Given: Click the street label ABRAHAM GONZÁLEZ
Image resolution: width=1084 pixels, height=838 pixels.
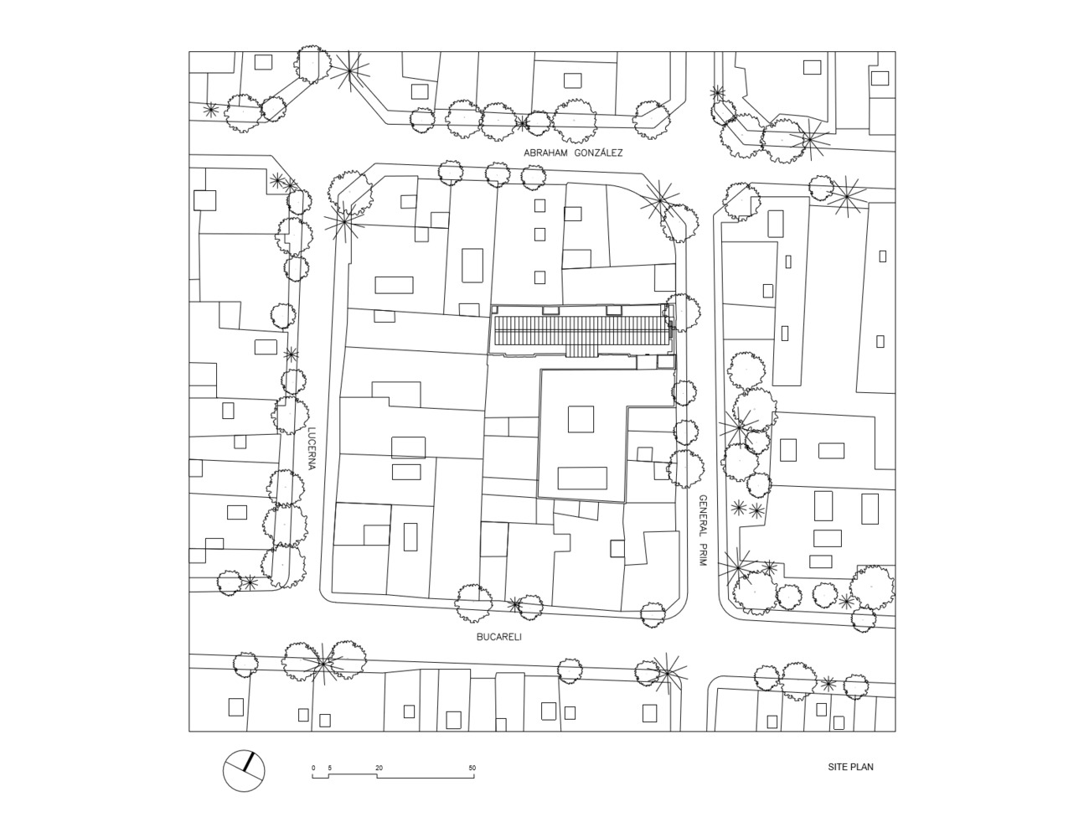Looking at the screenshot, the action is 573,153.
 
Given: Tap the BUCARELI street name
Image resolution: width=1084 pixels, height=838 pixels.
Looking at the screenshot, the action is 499,637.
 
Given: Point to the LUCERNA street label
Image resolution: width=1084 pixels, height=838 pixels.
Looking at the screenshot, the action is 312,449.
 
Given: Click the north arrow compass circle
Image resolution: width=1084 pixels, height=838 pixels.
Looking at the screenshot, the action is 244,771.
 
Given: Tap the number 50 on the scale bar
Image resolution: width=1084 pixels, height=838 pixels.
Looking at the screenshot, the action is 472,768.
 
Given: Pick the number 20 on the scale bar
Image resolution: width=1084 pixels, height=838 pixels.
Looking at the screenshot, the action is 379,768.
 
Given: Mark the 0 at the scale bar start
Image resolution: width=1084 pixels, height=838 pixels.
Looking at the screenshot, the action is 313,768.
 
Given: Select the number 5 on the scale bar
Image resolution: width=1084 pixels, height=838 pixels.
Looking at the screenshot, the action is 329,768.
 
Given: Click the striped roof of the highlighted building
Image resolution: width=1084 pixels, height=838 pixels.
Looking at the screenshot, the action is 581,334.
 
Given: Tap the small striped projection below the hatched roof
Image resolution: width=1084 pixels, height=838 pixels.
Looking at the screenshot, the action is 581,351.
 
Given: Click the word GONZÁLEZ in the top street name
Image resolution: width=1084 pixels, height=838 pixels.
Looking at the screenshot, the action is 599,153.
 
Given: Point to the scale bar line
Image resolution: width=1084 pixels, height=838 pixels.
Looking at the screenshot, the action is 394,776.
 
